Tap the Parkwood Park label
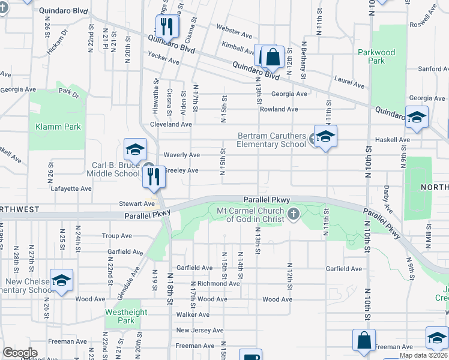tap(376, 56)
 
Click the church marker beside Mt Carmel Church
tap(293, 214)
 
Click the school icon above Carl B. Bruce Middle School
tap(136, 150)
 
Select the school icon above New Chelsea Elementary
tap(61, 280)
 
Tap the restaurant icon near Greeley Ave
tap(154, 176)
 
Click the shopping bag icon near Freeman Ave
tap(364, 341)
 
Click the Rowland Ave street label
tap(279, 109)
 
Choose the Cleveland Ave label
tap(170, 124)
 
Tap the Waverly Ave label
tap(181, 155)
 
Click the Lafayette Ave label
tap(71, 188)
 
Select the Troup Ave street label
tap(116, 236)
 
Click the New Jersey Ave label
tap(200, 331)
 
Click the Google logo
tap(20, 353)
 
